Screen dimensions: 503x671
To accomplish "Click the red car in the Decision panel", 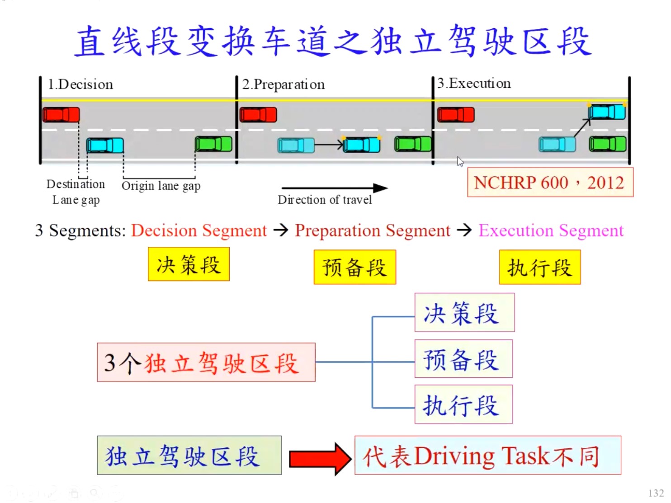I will click(61, 115).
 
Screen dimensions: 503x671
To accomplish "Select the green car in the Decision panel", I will click(213, 144).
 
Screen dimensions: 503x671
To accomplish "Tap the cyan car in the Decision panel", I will click(105, 146).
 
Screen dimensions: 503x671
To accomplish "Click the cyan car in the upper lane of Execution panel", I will click(607, 112).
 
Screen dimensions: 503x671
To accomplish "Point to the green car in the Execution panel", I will click(608, 144).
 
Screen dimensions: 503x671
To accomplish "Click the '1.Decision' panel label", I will click(80, 85).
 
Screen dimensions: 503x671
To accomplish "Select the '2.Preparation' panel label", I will click(284, 85).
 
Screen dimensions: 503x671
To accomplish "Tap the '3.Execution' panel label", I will click(474, 84).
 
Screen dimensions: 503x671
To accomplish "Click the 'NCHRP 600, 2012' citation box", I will click(550, 183).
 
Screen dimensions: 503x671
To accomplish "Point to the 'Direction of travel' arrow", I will click(335, 188).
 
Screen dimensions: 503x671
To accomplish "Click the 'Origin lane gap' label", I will click(161, 186).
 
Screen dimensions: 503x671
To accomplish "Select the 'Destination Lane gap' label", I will click(76, 192).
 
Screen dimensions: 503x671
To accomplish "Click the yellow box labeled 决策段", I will click(189, 264).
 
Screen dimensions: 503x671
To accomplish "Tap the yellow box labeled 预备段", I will click(354, 267).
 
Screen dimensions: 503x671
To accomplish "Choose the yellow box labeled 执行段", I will click(539, 268).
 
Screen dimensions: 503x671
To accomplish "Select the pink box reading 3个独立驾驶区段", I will click(206, 362).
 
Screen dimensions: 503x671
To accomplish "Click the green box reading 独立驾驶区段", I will click(189, 456).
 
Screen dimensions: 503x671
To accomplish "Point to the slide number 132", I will click(656, 493).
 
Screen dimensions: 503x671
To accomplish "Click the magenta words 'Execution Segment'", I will click(551, 231).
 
